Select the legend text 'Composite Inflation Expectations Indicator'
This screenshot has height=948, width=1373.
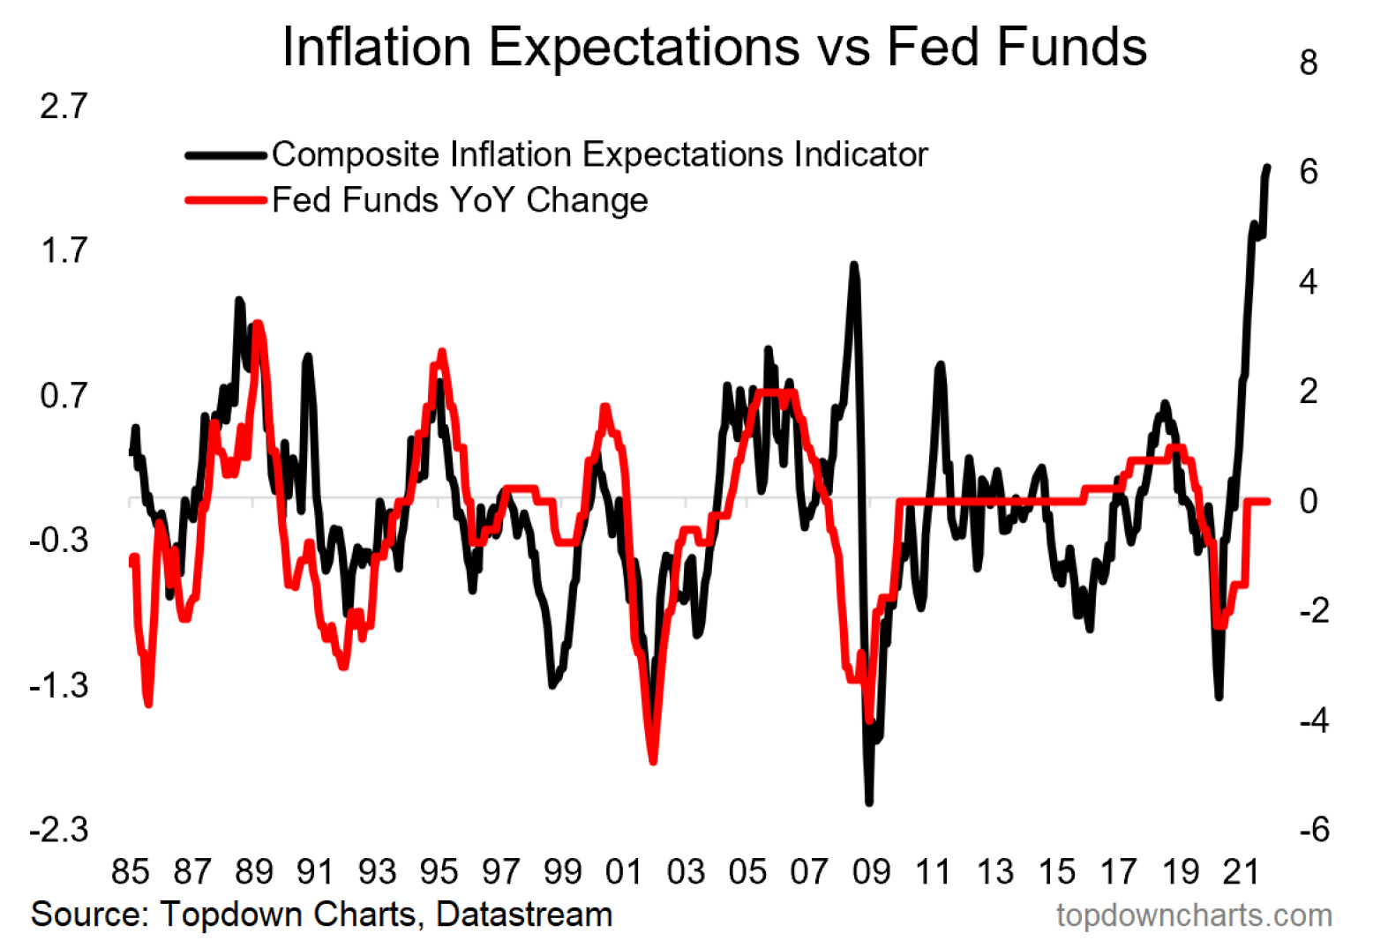[x=599, y=154]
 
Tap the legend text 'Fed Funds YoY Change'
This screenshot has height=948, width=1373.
[x=460, y=200]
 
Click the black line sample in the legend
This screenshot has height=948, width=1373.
[x=226, y=155]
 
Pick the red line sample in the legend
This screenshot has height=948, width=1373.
[x=226, y=201]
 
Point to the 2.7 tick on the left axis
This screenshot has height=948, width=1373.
[x=64, y=106]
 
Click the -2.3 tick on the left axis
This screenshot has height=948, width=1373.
[x=59, y=830]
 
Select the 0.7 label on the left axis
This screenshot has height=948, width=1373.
[x=64, y=395]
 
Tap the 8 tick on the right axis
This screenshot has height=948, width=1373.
[x=1309, y=63]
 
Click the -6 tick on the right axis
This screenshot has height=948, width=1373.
[x=1314, y=830]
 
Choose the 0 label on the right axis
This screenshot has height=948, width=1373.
[x=1309, y=501]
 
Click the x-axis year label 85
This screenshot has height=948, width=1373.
[x=130, y=871]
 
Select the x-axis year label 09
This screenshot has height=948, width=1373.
[x=870, y=871]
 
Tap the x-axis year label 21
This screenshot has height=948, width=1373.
[x=1241, y=871]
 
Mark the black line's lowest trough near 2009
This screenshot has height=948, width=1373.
[x=869, y=802]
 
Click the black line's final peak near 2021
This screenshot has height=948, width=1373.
[x=1267, y=167]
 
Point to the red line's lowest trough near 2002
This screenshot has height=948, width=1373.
[x=653, y=760]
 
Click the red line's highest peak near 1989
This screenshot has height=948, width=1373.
[x=257, y=324]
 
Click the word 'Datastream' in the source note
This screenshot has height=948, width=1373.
[x=524, y=914]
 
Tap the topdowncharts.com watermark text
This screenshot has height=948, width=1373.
[x=1194, y=915]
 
